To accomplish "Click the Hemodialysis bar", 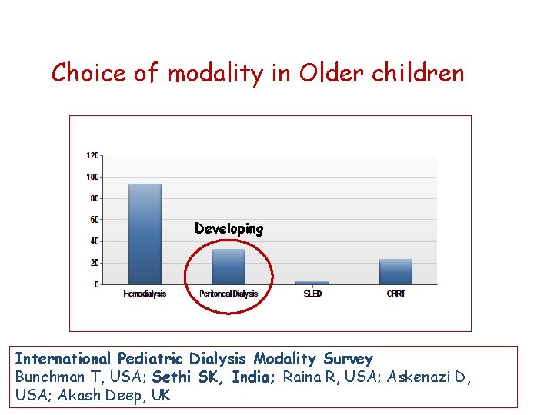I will (145, 234).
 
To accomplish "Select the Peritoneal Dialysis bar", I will (229, 267).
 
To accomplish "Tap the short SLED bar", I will (312, 282).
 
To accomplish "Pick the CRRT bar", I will (395, 272).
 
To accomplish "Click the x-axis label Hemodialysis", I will (145, 294).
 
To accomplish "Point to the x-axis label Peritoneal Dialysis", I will (229, 294).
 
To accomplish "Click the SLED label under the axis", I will (312, 294).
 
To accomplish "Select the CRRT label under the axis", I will (395, 294).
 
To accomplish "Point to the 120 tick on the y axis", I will (92, 155).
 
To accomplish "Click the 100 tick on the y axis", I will (92, 177).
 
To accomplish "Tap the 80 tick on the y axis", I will (94, 198).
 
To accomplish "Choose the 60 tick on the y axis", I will (94, 220).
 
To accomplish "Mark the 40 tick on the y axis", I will (94, 241).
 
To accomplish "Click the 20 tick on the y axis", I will (94, 263).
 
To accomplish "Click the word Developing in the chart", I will (229, 229).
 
